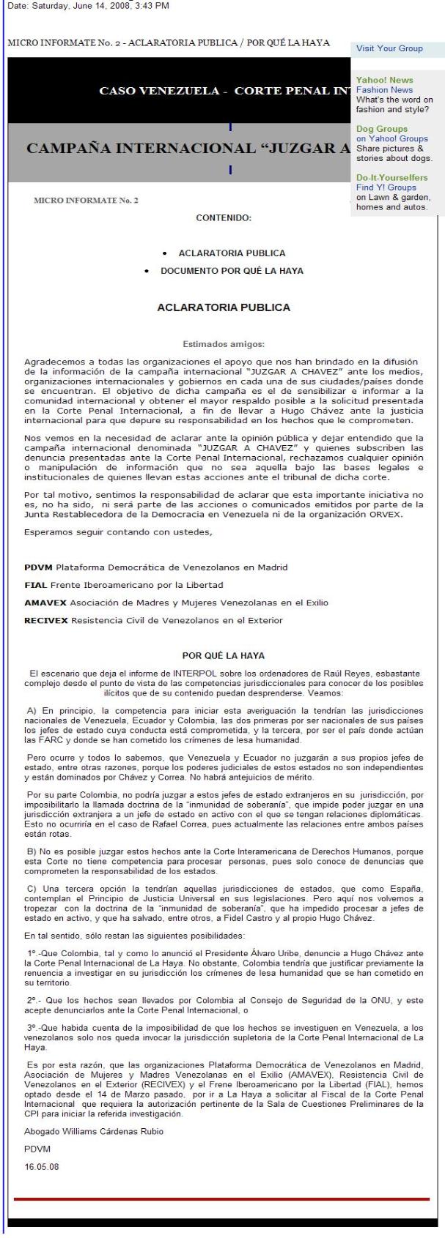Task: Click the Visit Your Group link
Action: (389, 48)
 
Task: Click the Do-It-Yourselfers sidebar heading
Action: (391, 177)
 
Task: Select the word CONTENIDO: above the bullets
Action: (224, 217)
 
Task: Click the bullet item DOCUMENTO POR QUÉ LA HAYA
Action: (232, 270)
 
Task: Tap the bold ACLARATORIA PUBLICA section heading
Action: (224, 307)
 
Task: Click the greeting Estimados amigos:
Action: (224, 343)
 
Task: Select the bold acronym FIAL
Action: (36, 585)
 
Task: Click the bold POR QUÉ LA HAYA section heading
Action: (224, 655)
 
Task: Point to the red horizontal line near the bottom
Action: (221, 1199)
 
